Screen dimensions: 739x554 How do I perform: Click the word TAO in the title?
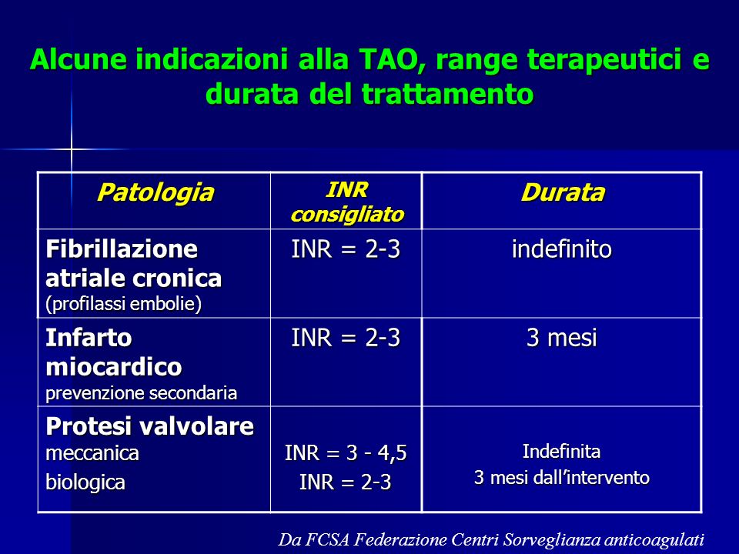coord(389,60)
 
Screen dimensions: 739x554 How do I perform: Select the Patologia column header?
coord(155,192)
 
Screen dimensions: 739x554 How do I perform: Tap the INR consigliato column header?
coord(347,202)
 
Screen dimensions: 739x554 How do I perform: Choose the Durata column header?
coord(562,192)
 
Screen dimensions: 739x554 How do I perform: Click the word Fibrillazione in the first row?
coord(122,249)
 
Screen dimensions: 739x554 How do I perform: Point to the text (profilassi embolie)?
coord(123,304)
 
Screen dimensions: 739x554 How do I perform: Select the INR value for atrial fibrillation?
coord(346,249)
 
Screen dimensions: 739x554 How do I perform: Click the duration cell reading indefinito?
coord(562,249)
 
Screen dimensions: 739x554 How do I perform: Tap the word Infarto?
coord(89,338)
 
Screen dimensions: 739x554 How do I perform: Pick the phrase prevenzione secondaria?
coord(141,393)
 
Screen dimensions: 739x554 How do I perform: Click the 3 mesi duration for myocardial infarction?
coord(562,338)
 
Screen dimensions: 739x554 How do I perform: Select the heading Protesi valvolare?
coord(150,426)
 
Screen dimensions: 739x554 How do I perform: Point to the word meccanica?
coord(92,454)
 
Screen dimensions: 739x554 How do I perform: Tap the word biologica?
coord(85,482)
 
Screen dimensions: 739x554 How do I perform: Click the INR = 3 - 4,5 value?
coord(346,453)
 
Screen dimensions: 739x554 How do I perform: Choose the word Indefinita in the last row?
coord(562,452)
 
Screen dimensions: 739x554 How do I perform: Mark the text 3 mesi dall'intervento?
coord(562,478)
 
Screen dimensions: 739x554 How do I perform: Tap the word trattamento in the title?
coord(447,94)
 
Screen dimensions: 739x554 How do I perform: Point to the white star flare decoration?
coord(72,149)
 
